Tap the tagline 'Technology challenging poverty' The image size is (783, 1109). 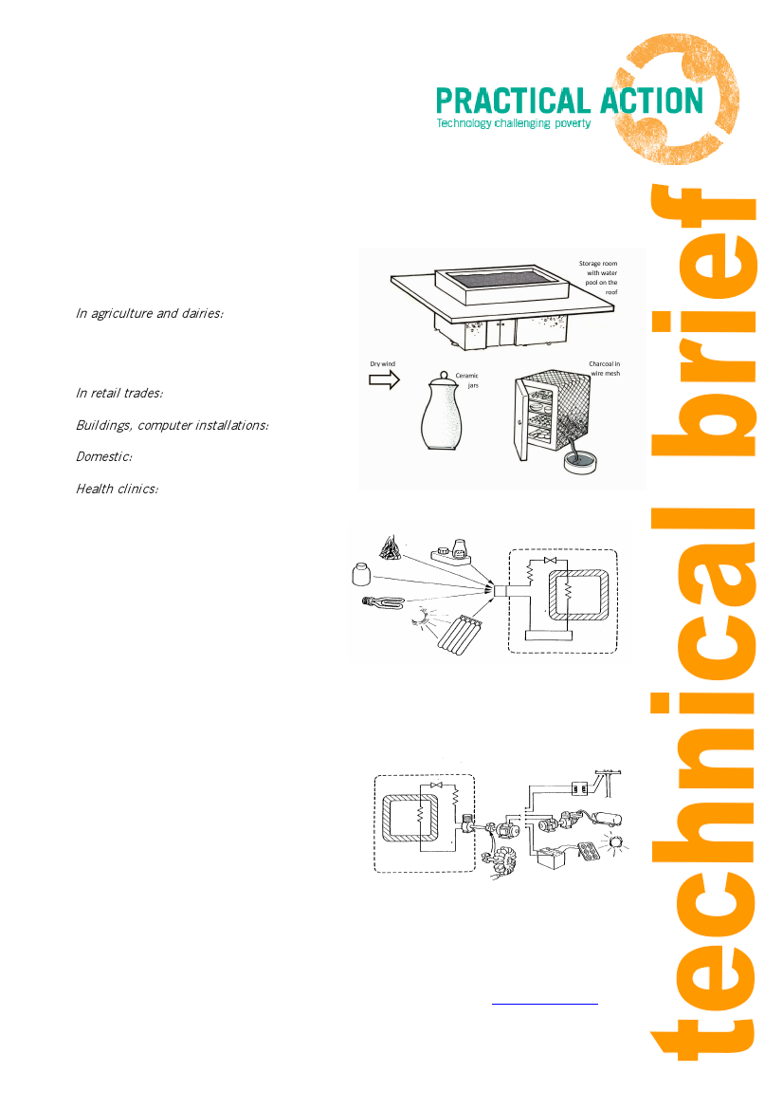(x=513, y=123)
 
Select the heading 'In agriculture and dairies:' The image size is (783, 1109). (x=150, y=313)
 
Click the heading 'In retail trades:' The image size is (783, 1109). (x=119, y=394)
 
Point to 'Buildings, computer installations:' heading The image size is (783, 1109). (x=173, y=425)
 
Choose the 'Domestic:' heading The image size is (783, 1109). (x=104, y=457)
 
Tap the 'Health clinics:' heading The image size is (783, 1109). (x=118, y=489)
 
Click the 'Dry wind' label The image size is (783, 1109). (x=383, y=364)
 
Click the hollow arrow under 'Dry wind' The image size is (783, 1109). (x=385, y=379)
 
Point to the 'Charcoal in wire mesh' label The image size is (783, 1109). (x=604, y=368)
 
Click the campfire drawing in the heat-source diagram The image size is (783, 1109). (x=390, y=546)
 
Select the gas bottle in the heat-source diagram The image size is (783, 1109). (x=362, y=574)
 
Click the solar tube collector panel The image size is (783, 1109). (x=454, y=634)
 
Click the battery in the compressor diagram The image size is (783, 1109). (x=551, y=858)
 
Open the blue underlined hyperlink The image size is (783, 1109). (x=545, y=1003)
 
